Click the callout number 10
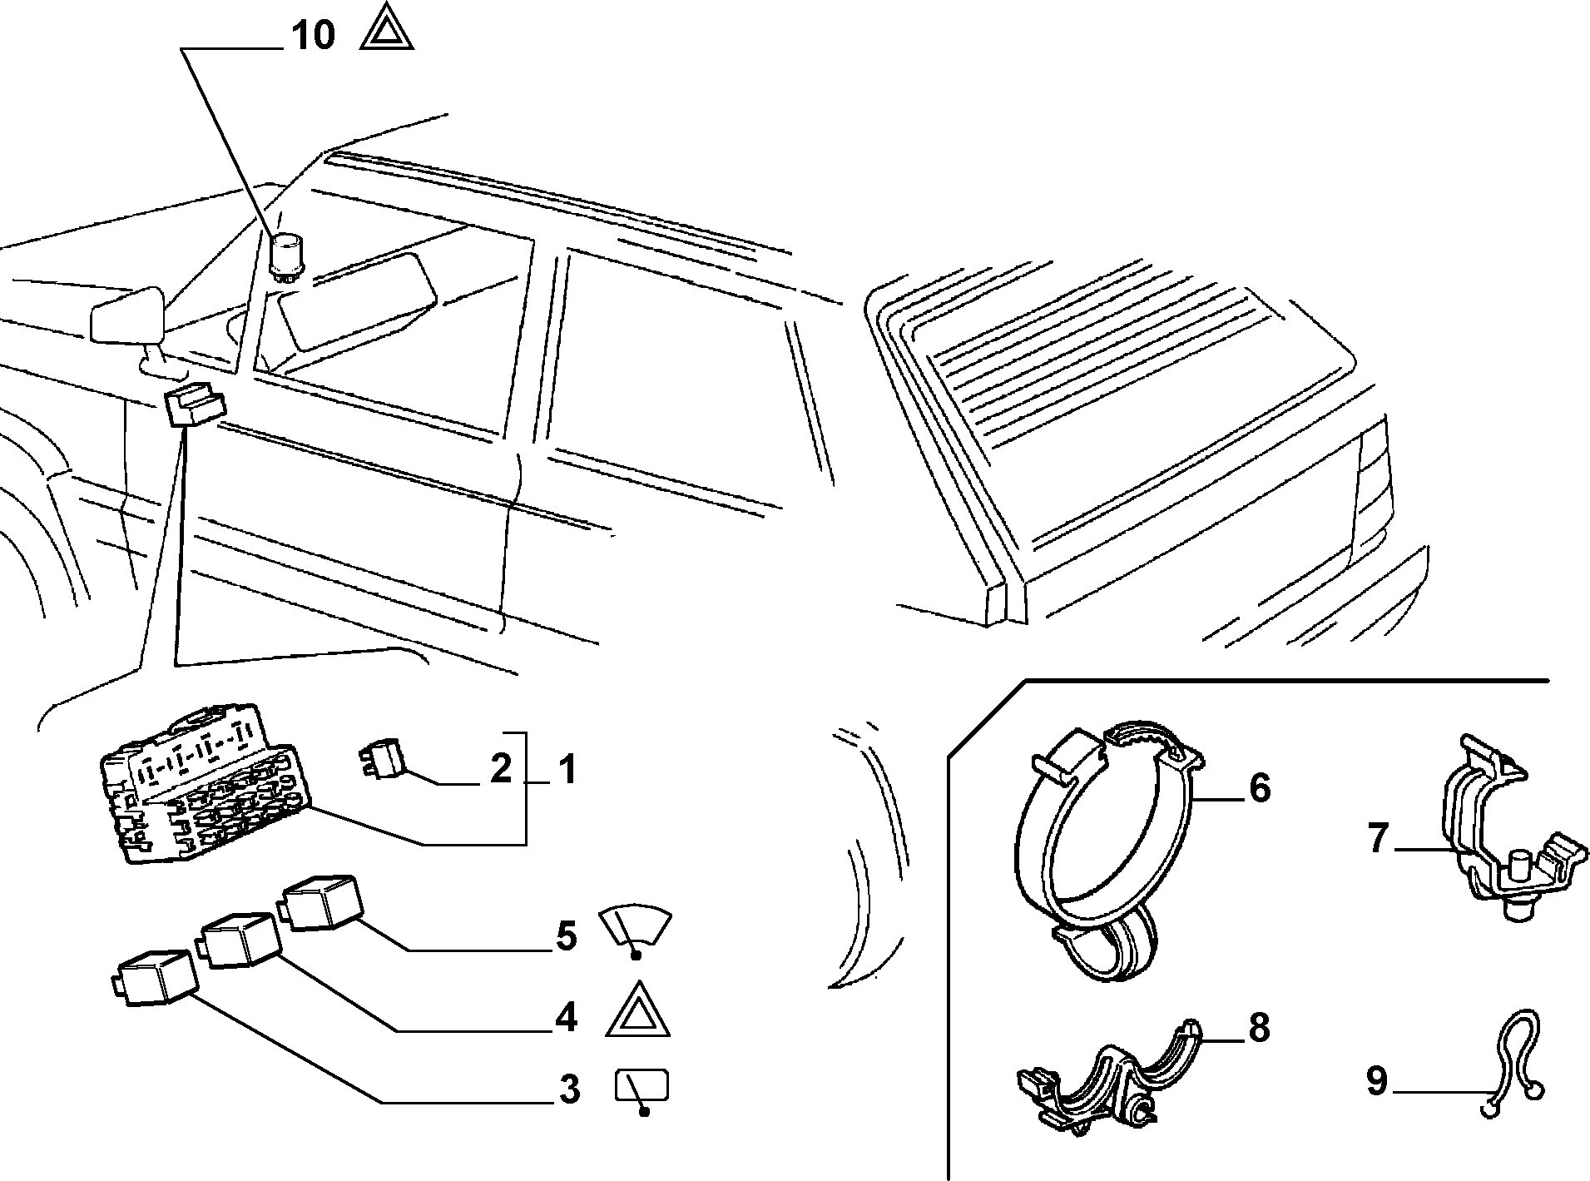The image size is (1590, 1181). (x=314, y=36)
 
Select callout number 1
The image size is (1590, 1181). (x=567, y=770)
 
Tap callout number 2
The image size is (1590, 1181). (x=500, y=769)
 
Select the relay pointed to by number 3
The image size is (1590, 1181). (x=156, y=975)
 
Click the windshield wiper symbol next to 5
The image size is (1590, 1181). (x=636, y=930)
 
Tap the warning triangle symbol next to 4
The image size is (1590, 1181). (x=638, y=1010)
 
